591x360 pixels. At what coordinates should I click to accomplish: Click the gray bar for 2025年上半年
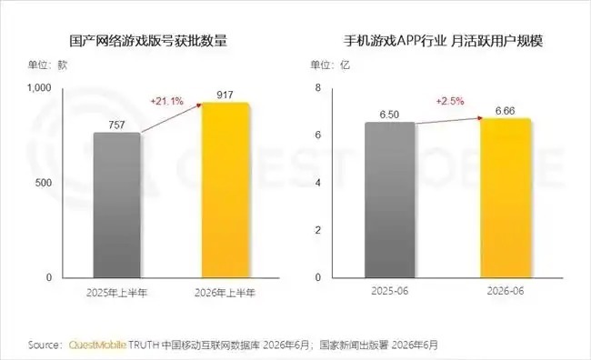tap(117, 205)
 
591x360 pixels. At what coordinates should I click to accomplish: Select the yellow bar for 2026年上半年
tap(225, 190)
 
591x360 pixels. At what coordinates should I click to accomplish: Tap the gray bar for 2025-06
tap(390, 200)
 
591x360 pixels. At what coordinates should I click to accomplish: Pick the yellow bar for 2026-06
tap(506, 198)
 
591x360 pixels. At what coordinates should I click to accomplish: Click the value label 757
tap(116, 125)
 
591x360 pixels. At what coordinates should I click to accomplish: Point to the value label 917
tap(225, 95)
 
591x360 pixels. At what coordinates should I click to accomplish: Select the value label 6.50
tap(389, 115)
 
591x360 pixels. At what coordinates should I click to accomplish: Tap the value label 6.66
tap(505, 111)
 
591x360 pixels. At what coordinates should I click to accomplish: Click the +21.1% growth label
tap(166, 101)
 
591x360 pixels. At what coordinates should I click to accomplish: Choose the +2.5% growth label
tap(450, 101)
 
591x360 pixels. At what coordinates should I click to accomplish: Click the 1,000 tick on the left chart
tap(39, 88)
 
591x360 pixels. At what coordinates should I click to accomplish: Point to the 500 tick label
tap(44, 183)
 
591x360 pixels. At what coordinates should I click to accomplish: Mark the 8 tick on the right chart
tap(318, 88)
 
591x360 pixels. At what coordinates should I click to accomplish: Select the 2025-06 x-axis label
tap(390, 291)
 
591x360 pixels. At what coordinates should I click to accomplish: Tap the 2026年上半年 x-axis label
tap(225, 293)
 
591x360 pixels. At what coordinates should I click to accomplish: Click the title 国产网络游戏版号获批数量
tap(148, 41)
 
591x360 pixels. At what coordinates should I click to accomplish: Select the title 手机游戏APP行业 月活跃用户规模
tap(443, 41)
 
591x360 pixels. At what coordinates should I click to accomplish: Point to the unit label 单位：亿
tap(330, 65)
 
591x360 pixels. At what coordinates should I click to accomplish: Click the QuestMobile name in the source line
tap(97, 345)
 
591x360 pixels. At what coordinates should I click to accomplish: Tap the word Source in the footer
tap(43, 345)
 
